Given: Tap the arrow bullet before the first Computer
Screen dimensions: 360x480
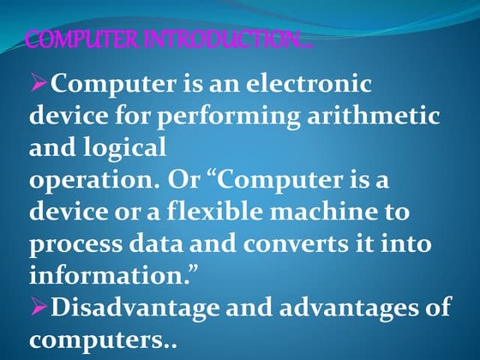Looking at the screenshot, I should (41, 84).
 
